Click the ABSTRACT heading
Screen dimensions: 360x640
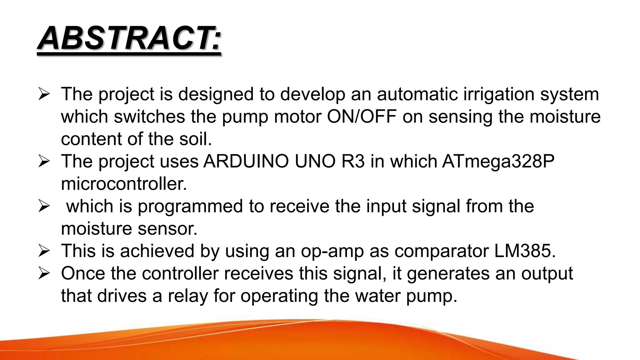pyautogui.click(x=129, y=39)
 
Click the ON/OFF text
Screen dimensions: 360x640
pyautogui.click(x=362, y=117)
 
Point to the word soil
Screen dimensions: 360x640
pyautogui.click(x=195, y=139)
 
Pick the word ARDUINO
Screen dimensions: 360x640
pyautogui.click(x=246, y=162)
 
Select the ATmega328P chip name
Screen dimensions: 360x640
pyautogui.click(x=498, y=162)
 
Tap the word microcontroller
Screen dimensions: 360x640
pyautogui.click(x=124, y=184)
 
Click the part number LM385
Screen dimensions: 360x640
pyautogui.click(x=525, y=251)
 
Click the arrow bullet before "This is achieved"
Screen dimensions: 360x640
pyautogui.click(x=44, y=251)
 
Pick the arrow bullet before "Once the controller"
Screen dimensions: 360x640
pyautogui.click(x=44, y=273)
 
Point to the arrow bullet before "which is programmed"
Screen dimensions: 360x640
pyautogui.click(x=44, y=206)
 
